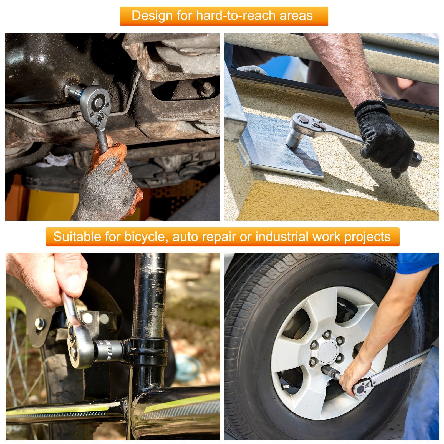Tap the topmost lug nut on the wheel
coord(327,334)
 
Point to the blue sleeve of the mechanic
coord(416,262)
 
